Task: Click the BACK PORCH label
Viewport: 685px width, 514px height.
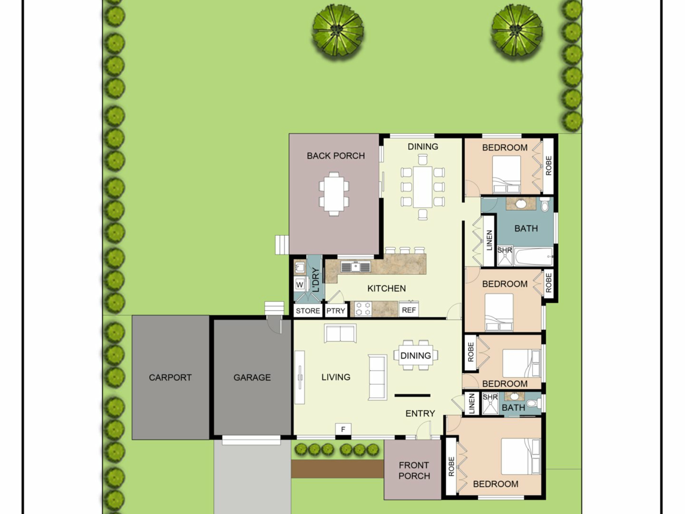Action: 336,156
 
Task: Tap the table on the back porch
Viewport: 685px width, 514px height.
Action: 334,194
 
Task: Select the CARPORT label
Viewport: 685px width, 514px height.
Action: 170,377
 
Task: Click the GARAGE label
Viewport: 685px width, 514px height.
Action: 252,377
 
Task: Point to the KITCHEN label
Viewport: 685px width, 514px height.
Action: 386,288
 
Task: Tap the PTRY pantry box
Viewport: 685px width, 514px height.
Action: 336,311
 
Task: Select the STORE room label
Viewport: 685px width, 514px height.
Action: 308,311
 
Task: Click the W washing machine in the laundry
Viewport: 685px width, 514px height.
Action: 300,284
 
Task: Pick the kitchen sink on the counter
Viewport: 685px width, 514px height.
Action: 355,267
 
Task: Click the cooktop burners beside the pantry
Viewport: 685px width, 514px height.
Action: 363,309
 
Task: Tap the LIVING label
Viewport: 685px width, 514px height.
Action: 336,377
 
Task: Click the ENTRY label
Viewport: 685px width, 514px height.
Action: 420,413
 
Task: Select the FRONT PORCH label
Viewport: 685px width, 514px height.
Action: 414,470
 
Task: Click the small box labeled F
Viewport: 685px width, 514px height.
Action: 343,429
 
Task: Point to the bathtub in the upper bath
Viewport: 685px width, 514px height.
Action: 534,257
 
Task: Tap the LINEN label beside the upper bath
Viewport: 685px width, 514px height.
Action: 489,240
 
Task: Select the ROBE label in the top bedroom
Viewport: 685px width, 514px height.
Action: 548,166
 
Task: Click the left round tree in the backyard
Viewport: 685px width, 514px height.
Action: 338,30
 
